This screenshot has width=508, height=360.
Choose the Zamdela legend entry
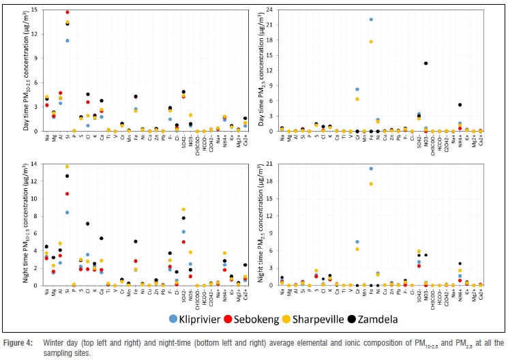389,318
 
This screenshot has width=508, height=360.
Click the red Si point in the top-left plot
67,12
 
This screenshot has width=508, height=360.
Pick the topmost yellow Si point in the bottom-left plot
67,166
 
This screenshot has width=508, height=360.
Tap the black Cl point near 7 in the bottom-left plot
88,224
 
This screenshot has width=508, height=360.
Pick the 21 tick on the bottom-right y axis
269,164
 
